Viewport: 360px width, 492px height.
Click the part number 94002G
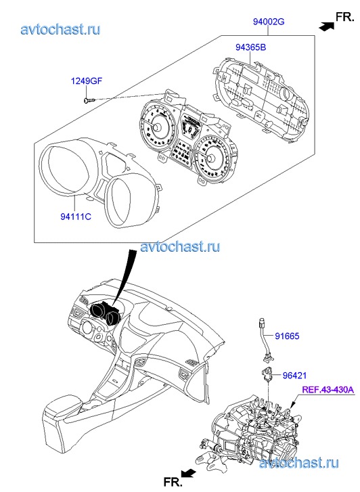(269, 22)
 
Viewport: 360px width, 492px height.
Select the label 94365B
(251, 47)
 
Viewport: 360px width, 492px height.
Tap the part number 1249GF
(87, 81)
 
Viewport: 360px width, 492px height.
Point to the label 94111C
(76, 217)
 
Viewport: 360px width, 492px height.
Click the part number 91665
(287, 336)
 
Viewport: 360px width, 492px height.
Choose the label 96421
(294, 376)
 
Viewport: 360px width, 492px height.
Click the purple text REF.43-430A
(328, 390)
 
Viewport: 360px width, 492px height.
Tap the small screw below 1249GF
(89, 100)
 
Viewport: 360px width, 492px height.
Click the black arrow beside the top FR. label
(326, 26)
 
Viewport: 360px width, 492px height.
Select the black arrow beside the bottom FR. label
(188, 473)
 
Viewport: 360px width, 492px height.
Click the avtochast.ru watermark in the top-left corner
(61, 29)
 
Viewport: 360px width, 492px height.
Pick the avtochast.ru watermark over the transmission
(299, 463)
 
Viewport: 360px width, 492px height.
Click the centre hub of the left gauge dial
(156, 127)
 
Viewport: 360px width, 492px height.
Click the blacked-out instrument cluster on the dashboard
(105, 312)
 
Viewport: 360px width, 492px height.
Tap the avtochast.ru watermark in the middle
(180, 246)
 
